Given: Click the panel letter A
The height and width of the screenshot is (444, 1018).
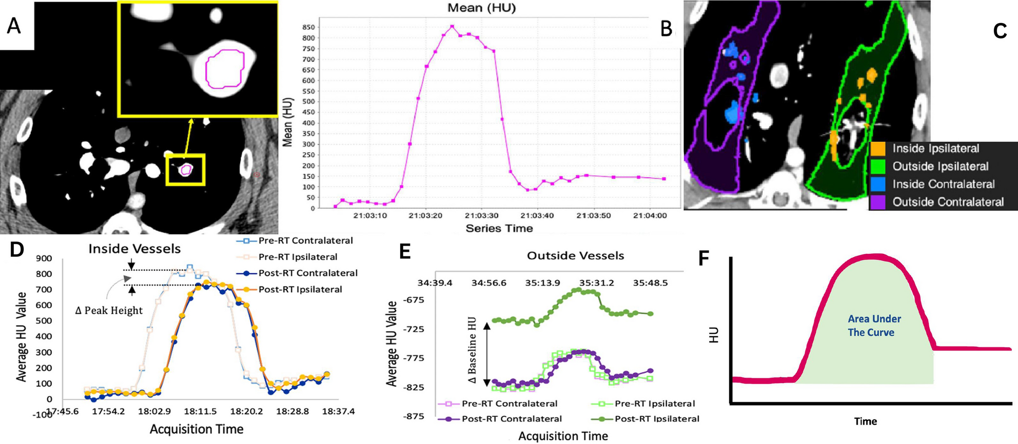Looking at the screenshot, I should tap(14, 25).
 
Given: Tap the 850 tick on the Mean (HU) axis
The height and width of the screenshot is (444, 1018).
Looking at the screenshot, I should tap(308, 27).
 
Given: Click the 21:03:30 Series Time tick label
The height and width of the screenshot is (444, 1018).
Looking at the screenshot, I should tap(481, 216).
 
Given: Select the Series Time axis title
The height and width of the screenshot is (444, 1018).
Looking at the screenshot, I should tap(499, 229).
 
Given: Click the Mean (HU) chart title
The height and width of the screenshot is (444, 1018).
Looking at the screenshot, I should tap(481, 8).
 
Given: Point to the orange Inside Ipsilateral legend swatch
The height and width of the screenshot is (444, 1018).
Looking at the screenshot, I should tap(878, 149).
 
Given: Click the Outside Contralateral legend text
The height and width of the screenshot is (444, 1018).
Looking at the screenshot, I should tap(948, 202).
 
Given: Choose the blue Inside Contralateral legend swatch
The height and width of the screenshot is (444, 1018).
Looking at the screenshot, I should tap(878, 184).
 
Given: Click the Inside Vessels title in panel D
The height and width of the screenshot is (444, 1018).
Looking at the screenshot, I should tap(134, 249).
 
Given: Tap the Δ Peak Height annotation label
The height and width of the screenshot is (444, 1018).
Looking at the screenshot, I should tap(109, 310).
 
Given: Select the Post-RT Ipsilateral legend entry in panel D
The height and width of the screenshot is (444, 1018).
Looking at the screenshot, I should tap(300, 289).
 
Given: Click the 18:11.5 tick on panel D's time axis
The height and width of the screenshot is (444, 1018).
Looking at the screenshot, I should tap(200, 411).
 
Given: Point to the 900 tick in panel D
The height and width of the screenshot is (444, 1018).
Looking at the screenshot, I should tap(44, 258).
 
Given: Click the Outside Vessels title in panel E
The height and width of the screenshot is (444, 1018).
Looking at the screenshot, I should tap(575, 255).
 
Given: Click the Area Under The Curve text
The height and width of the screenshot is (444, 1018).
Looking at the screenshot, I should tap(874, 326).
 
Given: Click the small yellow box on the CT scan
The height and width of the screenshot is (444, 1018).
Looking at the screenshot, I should tap(185, 170).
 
